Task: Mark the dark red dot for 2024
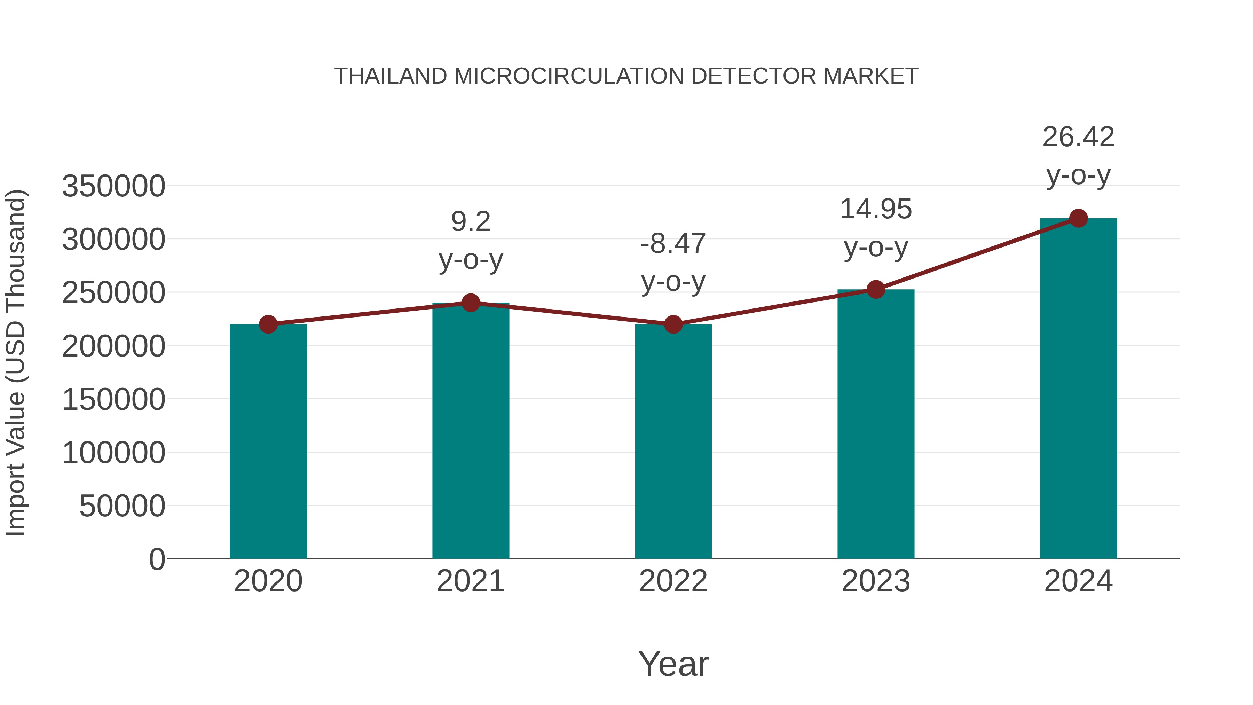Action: [x=1078, y=218]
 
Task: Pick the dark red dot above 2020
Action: [x=268, y=324]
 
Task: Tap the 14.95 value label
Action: [x=876, y=209]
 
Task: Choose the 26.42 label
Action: [x=1078, y=137]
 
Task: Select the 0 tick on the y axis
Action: [x=157, y=559]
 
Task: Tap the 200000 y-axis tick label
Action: [x=113, y=346]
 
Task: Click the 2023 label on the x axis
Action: [x=876, y=581]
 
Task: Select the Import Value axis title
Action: [x=16, y=362]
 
